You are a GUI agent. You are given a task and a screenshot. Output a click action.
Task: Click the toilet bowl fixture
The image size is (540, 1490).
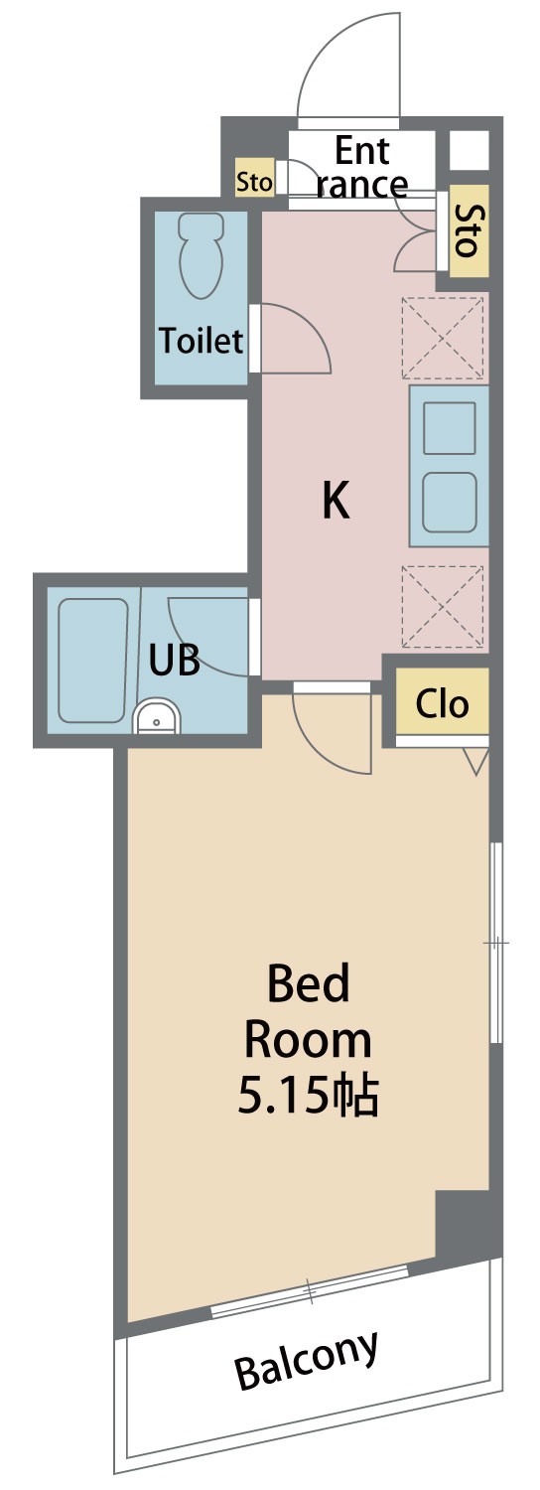(x=201, y=256)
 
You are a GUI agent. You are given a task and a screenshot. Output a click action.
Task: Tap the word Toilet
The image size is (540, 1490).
(x=201, y=341)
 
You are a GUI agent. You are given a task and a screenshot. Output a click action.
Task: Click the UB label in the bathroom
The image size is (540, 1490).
(x=175, y=661)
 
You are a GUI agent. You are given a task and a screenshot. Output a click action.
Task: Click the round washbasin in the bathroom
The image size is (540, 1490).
(x=157, y=718)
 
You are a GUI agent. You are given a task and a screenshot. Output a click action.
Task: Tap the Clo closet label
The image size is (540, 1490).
(x=443, y=703)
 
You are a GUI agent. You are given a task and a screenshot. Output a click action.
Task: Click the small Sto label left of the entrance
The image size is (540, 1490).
(x=254, y=180)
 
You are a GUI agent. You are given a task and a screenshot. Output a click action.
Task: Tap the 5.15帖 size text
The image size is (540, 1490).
(x=308, y=1095)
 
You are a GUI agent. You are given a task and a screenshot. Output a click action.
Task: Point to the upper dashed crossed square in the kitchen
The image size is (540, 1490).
(x=444, y=339)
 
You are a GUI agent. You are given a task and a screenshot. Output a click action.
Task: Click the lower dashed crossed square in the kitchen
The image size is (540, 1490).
(x=444, y=606)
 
